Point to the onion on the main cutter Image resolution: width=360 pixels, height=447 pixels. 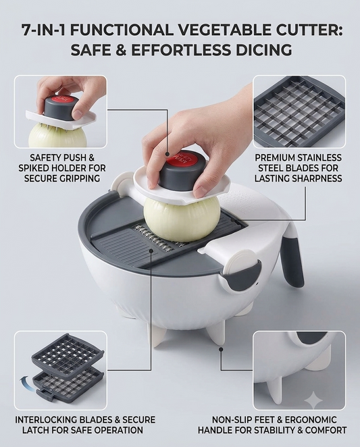click(182, 219)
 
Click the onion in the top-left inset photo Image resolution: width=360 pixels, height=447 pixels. click(57, 136)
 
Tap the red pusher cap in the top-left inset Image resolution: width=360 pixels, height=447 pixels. click(64, 101)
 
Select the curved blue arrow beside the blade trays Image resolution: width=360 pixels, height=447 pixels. click(26, 383)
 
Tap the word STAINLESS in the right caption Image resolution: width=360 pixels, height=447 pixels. click(319, 157)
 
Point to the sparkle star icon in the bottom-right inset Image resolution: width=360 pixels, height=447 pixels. click(313, 400)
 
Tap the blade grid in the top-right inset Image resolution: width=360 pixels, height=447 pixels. click(299, 112)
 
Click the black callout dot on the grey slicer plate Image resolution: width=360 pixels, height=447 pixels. click(151, 251)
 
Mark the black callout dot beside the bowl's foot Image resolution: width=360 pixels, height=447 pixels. click(220, 348)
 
